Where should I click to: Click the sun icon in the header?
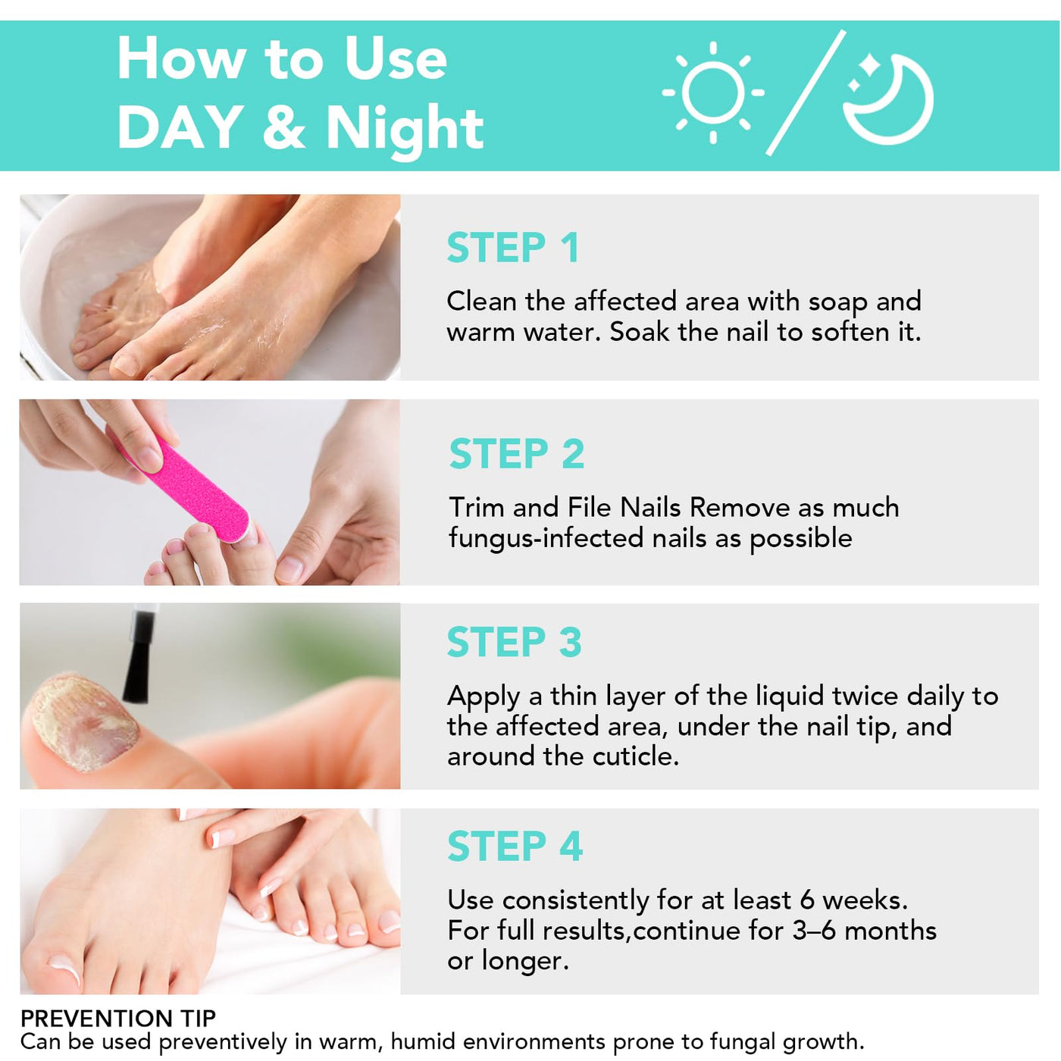click(x=712, y=92)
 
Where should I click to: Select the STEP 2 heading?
click(x=516, y=453)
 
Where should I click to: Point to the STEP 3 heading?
click(x=515, y=641)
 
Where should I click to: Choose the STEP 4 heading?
click(x=515, y=846)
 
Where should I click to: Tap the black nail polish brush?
click(x=139, y=656)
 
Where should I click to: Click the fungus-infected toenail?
click(x=83, y=722)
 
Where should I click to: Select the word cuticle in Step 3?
click(x=635, y=756)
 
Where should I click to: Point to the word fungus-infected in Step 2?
click(x=546, y=537)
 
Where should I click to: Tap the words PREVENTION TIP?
click(x=117, y=1018)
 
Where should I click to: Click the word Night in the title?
click(x=405, y=128)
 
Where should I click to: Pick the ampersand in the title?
click(x=284, y=127)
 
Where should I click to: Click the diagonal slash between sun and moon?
click(x=806, y=92)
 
